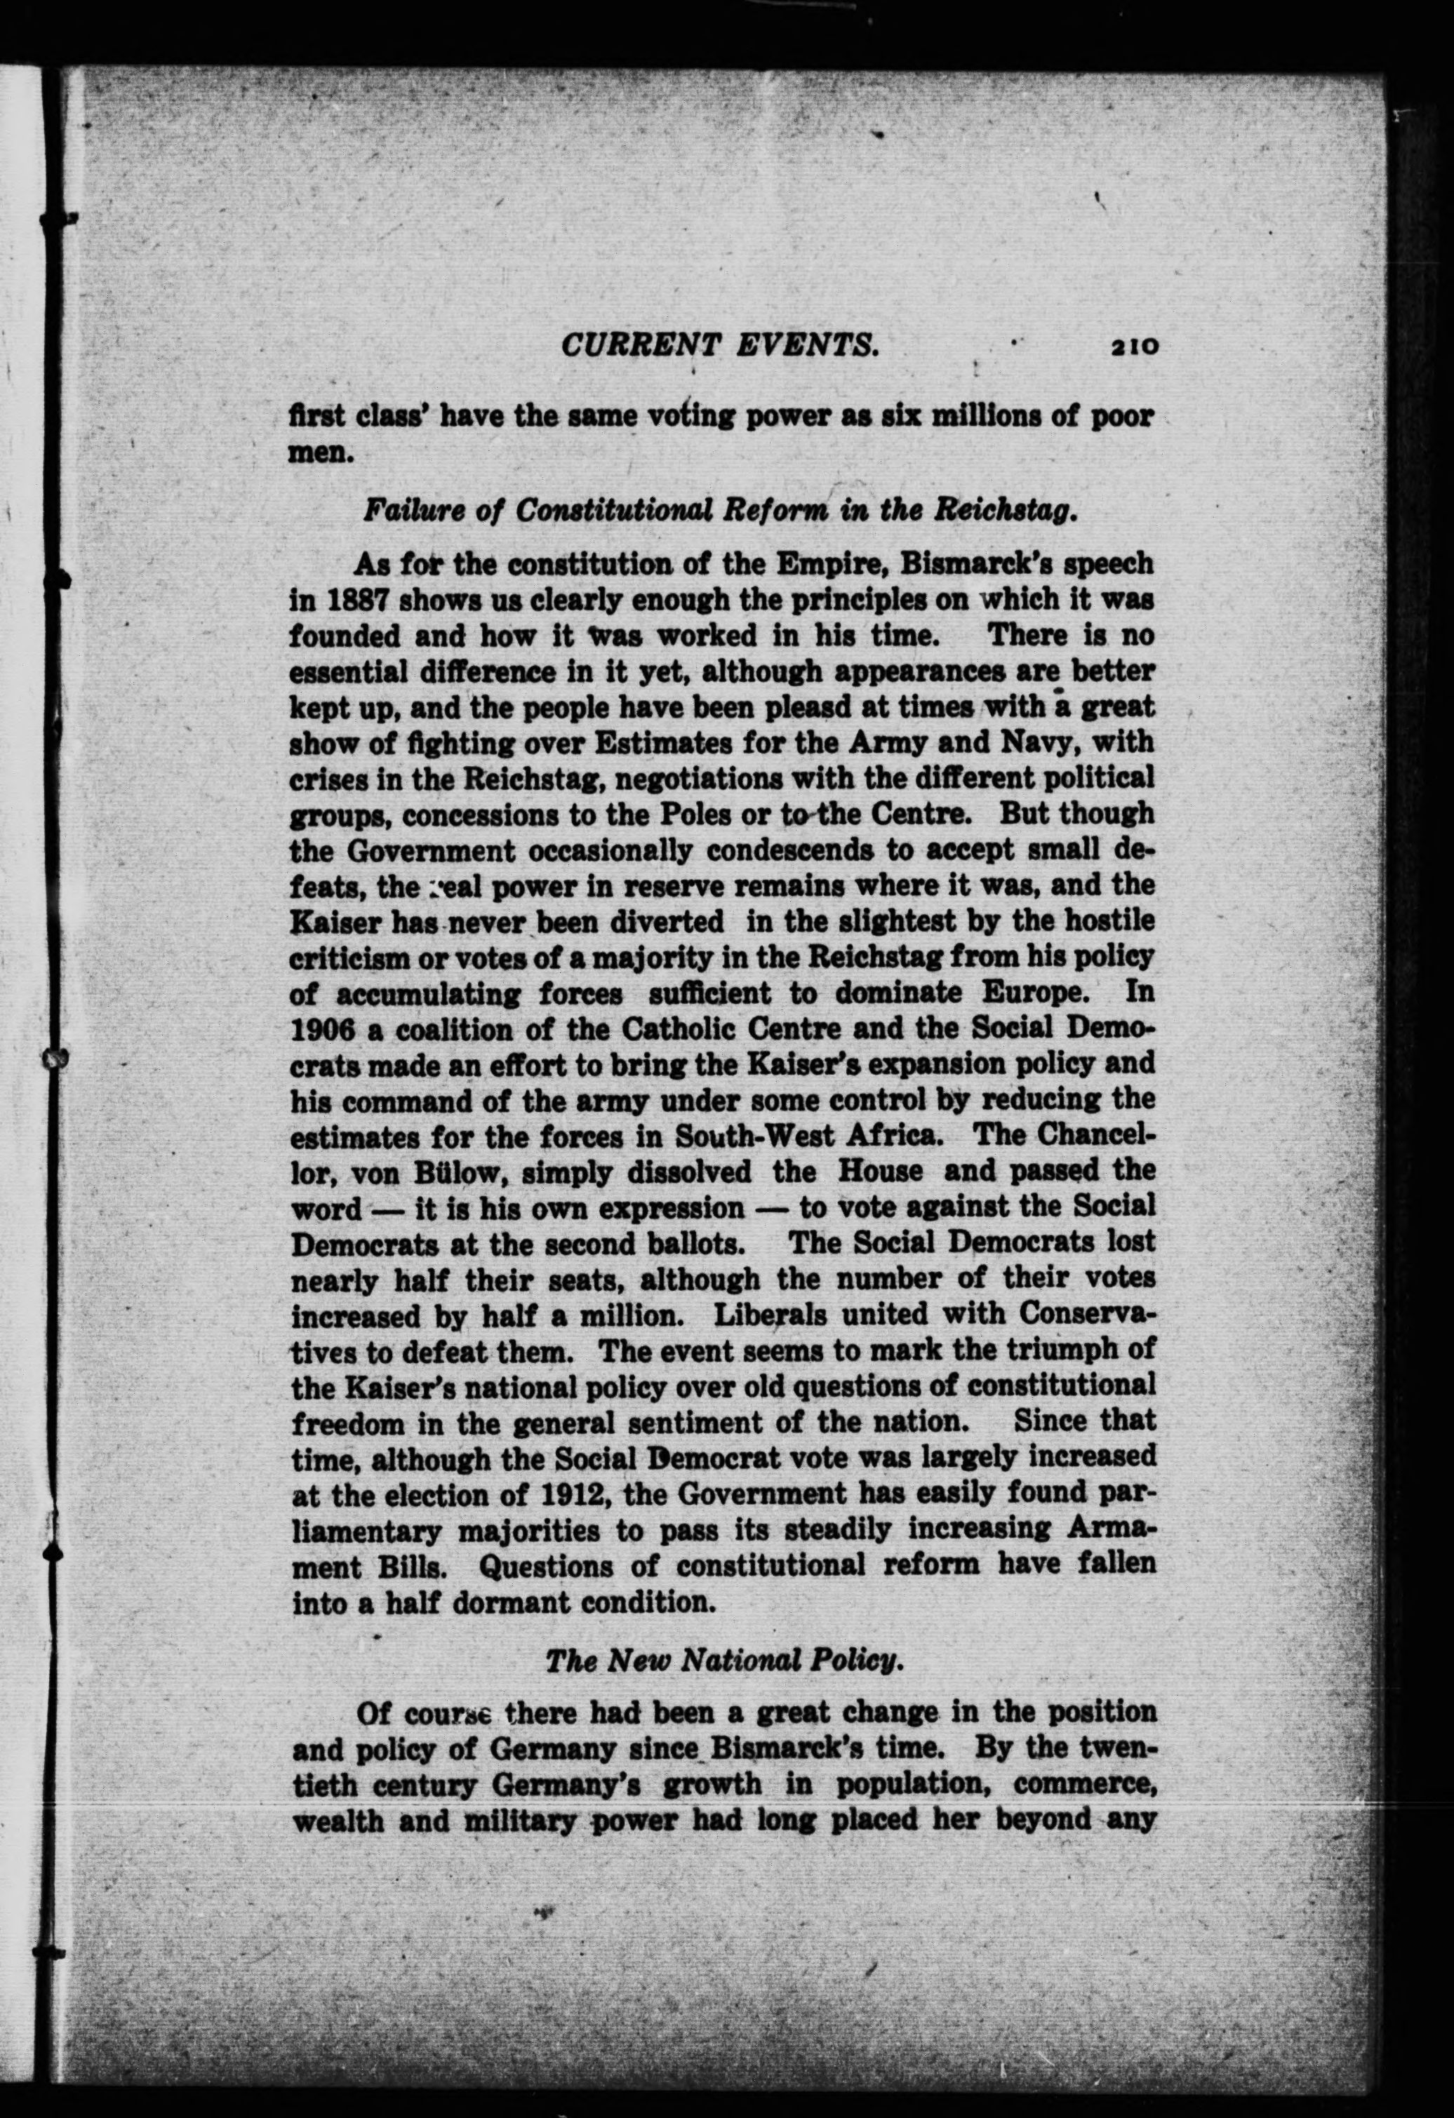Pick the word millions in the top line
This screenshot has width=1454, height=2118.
[985, 417]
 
